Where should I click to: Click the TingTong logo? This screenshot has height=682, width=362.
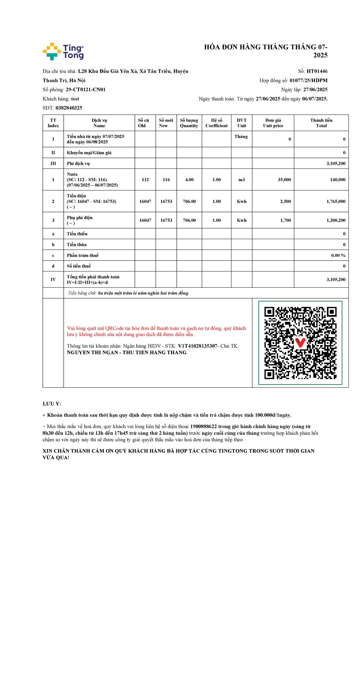63,51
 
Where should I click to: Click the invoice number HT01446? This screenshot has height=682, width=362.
317,71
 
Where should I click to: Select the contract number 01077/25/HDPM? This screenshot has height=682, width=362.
308,80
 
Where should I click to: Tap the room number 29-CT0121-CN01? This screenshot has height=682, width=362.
86,90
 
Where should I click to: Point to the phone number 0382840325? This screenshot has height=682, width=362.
69,108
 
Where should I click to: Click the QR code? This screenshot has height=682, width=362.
300,343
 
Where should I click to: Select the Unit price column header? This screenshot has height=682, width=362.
273,123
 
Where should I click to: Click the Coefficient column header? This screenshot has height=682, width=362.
216,123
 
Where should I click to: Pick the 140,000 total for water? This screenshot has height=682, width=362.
338,180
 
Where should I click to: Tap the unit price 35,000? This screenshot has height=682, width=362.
284,180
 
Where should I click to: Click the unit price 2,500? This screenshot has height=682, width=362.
285,201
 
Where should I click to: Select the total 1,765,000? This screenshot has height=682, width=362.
336,201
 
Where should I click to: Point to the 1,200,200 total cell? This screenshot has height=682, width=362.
336,220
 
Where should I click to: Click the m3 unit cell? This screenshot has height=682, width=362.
242,180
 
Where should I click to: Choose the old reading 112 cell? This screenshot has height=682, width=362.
145,180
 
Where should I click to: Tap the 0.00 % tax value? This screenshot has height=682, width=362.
338,255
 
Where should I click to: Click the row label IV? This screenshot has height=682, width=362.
53,280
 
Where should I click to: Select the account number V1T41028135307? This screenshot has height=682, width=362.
198,346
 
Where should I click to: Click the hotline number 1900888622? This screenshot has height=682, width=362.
203,427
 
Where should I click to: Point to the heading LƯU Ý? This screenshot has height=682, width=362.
52,404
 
